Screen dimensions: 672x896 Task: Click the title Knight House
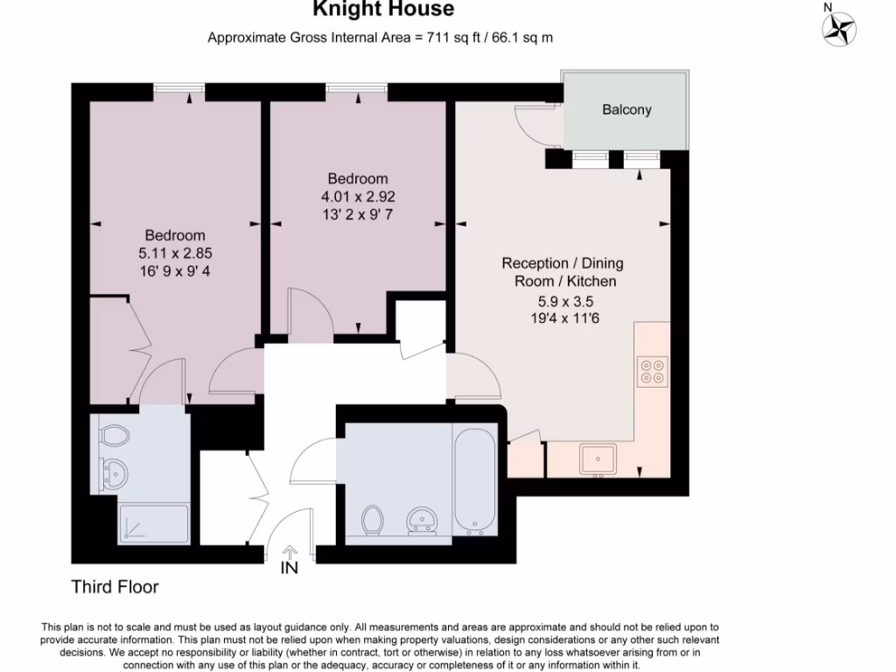384,10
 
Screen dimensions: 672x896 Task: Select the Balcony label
626,109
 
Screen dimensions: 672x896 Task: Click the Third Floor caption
115,587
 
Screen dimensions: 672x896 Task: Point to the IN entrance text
289,568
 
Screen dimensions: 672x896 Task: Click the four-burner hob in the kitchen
651,372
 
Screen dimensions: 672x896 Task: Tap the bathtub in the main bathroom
475,479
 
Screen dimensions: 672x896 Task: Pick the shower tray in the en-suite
152,522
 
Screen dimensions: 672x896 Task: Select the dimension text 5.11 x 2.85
175,253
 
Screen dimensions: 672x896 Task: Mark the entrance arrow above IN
290,551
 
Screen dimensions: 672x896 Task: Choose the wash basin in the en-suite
115,473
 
